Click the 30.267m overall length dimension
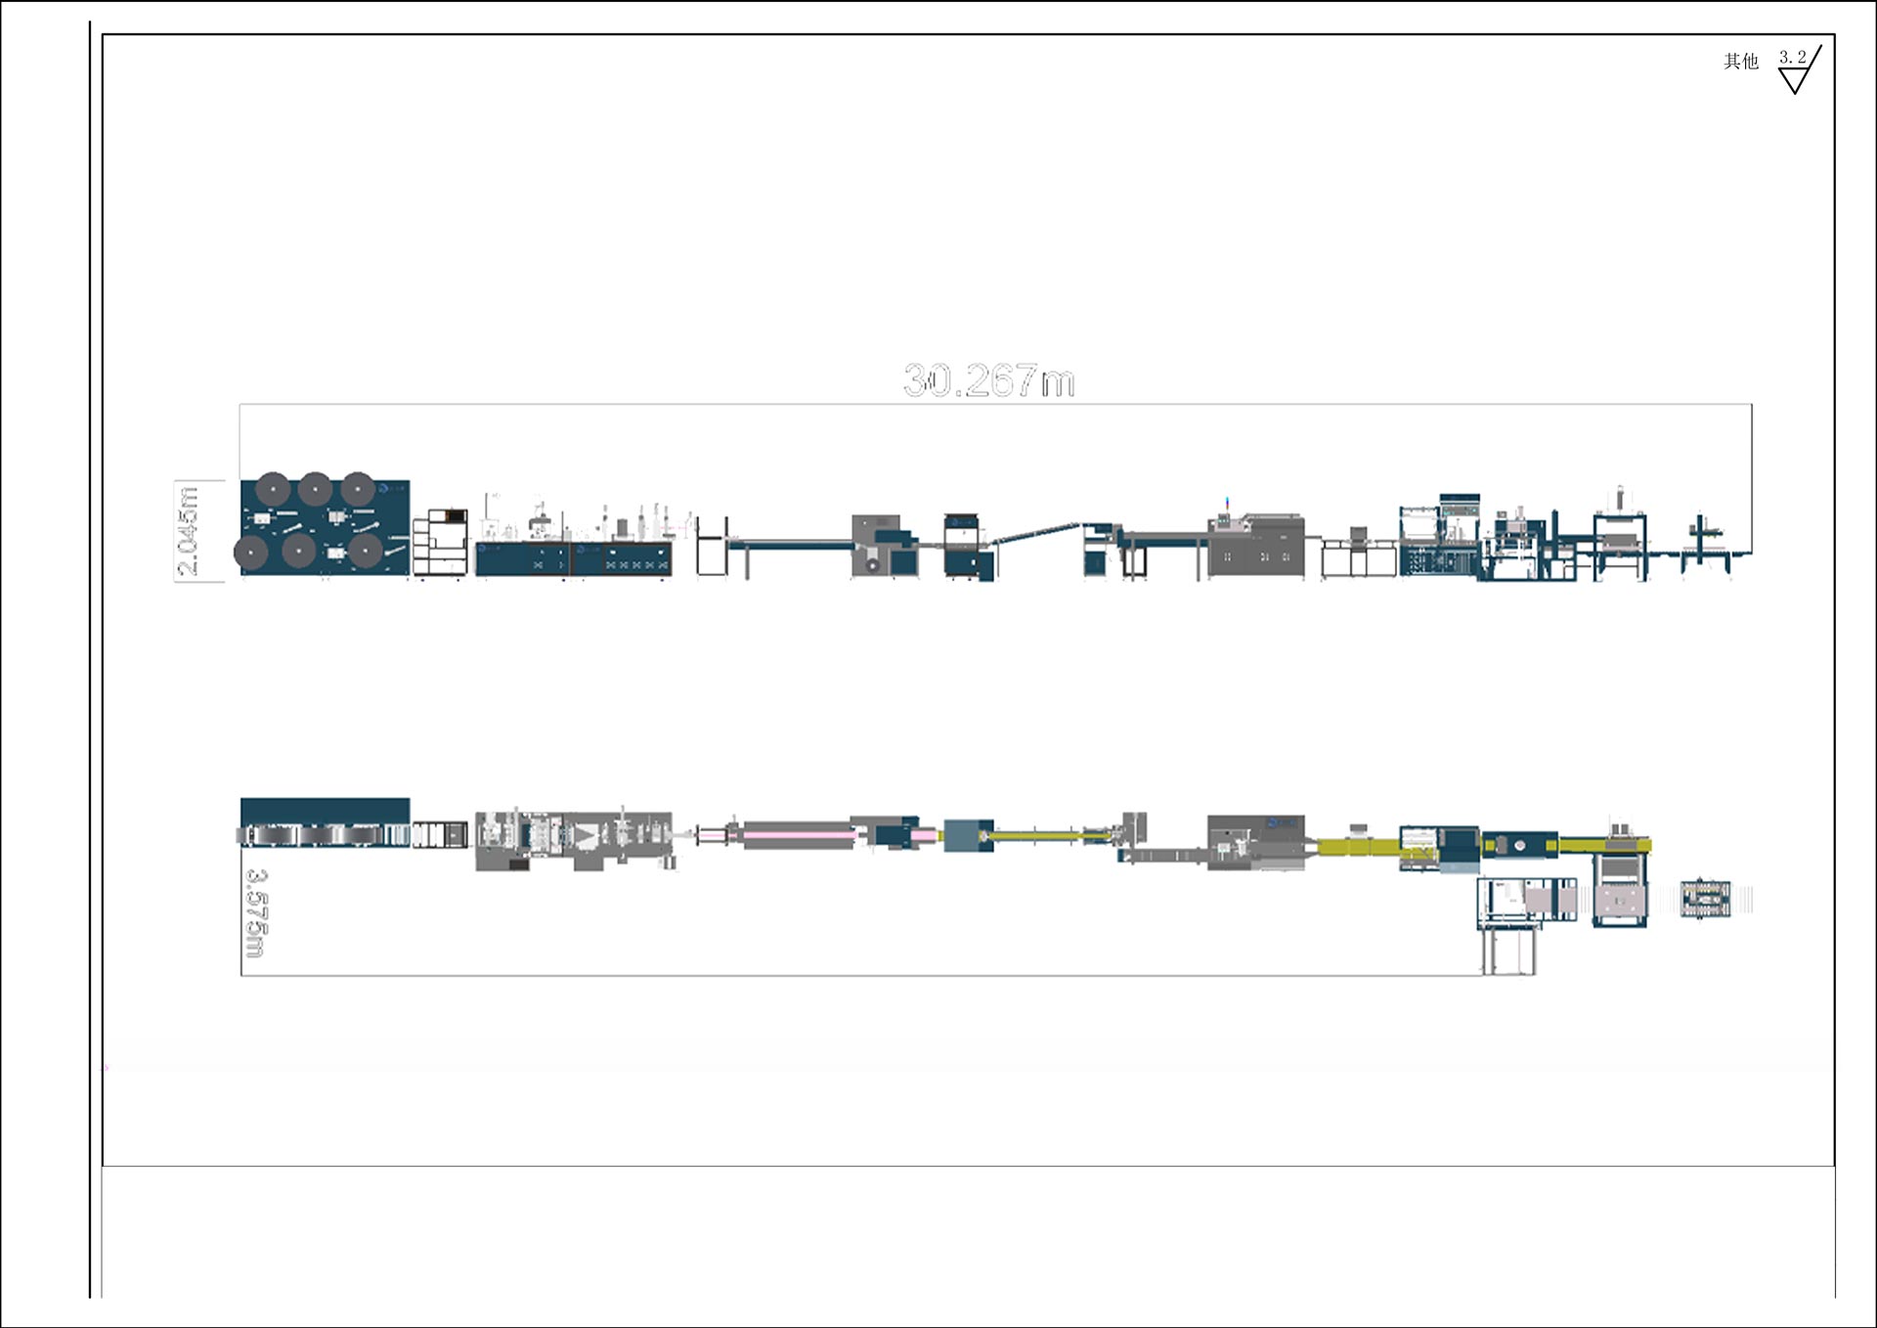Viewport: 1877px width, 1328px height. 988,380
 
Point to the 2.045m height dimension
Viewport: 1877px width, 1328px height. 188,530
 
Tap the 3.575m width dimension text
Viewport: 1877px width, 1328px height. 255,912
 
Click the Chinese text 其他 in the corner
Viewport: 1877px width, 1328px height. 1740,62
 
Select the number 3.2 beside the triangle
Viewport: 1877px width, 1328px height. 1792,57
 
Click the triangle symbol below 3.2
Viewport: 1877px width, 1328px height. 1794,81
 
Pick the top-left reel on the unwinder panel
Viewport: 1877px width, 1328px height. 273,489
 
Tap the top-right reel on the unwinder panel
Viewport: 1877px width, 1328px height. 358,489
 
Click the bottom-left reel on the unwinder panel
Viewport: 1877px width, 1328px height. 251,553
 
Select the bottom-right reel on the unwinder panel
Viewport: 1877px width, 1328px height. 366,551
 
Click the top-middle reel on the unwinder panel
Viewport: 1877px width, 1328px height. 315,489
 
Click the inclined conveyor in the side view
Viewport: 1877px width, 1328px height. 1034,532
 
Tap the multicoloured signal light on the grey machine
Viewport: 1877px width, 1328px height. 1228,503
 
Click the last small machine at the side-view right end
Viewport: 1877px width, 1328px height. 1708,544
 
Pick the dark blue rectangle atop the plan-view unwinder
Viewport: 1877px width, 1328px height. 325,811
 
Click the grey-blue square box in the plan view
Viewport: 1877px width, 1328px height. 967,835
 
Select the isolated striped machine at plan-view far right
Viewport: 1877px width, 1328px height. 1705,899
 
